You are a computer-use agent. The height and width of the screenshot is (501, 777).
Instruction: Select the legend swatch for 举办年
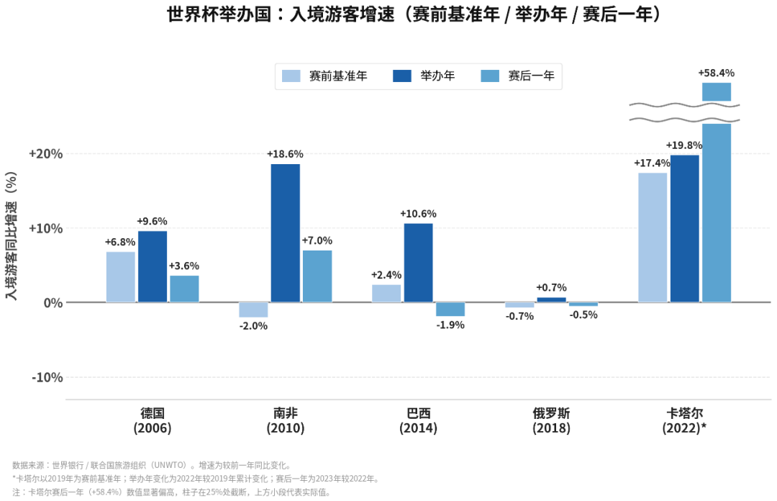[402, 76]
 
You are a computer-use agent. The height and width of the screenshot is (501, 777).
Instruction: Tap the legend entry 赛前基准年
[324, 76]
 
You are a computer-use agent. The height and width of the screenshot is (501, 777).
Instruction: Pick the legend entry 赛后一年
[517, 76]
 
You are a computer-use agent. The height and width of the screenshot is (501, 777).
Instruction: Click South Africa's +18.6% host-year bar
[286, 233]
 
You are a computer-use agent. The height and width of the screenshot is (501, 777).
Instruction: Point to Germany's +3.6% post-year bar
[184, 289]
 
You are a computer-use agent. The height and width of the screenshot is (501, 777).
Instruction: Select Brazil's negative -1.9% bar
[450, 309]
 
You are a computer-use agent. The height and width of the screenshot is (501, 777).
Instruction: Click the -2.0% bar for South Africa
[253, 310]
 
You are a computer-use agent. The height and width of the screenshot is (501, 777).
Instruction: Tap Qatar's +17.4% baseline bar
[653, 238]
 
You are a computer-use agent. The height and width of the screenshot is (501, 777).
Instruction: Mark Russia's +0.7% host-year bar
[552, 299]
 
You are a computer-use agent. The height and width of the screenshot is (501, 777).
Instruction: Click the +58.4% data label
[717, 73]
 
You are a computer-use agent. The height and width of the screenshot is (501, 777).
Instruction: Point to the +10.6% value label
[418, 214]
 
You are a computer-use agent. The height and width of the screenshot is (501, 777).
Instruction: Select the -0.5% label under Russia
[583, 315]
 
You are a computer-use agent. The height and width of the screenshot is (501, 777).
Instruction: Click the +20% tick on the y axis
[45, 154]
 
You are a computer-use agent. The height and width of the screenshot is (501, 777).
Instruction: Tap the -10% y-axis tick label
[47, 377]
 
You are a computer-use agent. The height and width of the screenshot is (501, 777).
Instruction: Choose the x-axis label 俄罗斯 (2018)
[552, 420]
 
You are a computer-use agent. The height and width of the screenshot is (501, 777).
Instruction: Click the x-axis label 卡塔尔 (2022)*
[684, 420]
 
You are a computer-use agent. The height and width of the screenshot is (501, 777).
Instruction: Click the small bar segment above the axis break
[717, 91]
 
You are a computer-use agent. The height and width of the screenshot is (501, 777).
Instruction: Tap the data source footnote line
[152, 465]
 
